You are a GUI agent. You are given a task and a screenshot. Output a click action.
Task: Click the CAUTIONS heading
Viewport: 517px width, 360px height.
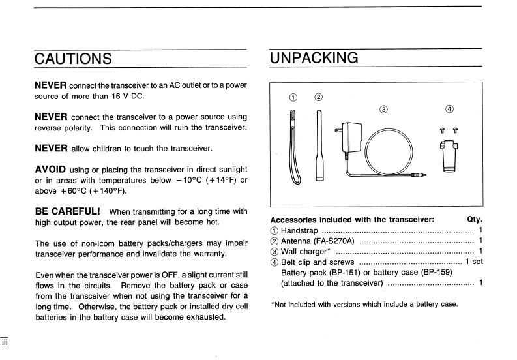click(73, 58)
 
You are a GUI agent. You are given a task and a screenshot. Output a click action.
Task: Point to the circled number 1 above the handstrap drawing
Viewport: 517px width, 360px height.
click(293, 98)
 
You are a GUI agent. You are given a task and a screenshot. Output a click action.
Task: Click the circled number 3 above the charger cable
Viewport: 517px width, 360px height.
click(383, 109)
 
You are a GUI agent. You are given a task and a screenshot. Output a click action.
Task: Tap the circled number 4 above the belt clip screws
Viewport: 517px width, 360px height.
click(449, 109)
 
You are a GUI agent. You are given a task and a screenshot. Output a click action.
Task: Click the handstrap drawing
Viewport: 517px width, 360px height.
click(294, 147)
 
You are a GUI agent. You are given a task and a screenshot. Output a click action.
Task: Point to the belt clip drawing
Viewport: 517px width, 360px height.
click(448, 156)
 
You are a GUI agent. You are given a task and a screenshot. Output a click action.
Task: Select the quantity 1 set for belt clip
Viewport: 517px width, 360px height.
click(474, 262)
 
